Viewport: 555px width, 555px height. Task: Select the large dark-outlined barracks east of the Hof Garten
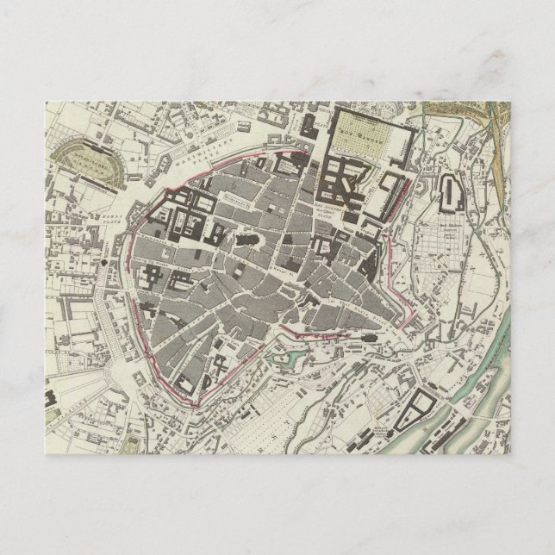point(451,196)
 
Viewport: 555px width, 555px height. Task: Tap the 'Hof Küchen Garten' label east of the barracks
point(449,229)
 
